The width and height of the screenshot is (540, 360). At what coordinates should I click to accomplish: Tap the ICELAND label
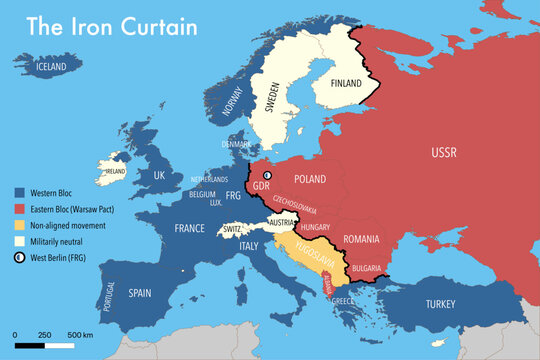[52, 67]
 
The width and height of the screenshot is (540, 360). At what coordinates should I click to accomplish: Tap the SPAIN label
[140, 293]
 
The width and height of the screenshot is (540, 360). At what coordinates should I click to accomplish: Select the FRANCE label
[189, 228]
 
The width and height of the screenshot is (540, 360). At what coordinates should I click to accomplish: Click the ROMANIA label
[360, 239]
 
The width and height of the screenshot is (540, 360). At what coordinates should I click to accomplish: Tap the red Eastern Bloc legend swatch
[20, 208]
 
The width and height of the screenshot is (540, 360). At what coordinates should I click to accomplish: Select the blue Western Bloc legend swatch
[20, 191]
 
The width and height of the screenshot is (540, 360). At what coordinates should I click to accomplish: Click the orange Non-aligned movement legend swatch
[20, 224]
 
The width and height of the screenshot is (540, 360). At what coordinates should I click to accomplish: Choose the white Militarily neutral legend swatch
[20, 240]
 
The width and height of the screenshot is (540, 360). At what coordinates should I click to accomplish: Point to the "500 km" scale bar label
[81, 334]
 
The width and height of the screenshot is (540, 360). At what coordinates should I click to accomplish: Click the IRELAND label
[115, 171]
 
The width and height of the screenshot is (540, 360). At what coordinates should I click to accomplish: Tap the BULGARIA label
[366, 268]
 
